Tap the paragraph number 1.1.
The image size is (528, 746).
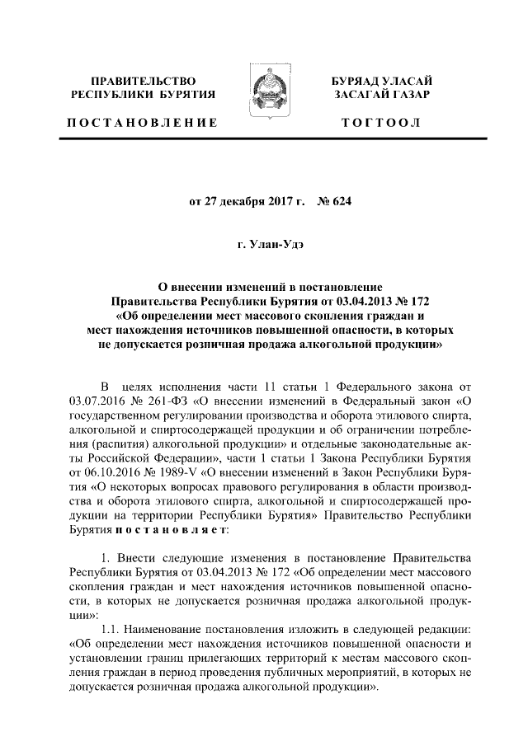109,630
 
